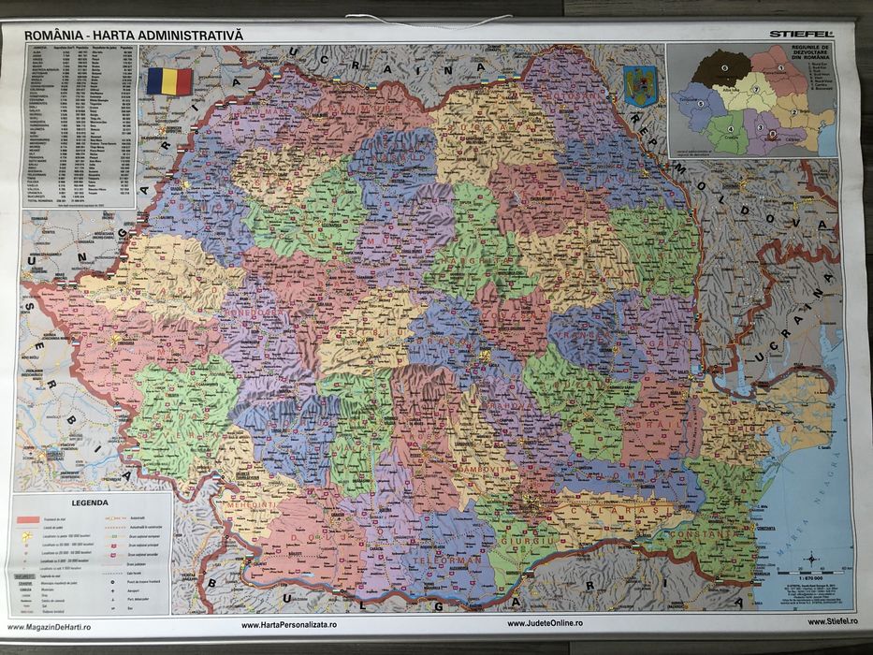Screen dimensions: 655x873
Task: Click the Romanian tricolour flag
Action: click(x=168, y=80)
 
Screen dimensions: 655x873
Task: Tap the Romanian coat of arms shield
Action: click(x=635, y=85)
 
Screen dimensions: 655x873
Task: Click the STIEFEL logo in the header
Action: click(x=801, y=34)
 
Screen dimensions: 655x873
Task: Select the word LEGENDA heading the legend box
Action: click(x=90, y=502)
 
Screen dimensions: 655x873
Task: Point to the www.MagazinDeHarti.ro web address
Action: click(x=54, y=624)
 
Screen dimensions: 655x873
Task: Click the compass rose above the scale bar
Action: click(x=810, y=559)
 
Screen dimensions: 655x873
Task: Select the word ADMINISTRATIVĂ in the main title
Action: click(x=196, y=34)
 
